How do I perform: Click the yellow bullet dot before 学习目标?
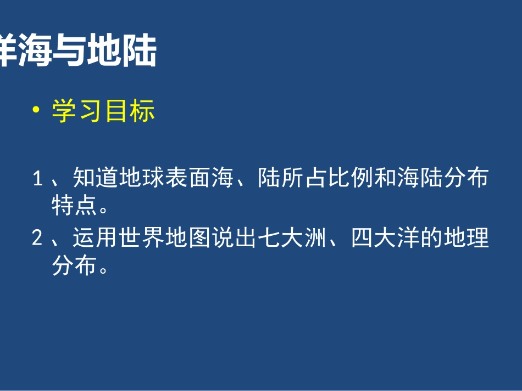tap(37, 111)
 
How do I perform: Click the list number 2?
tap(37, 239)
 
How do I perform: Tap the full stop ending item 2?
tap(105, 269)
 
